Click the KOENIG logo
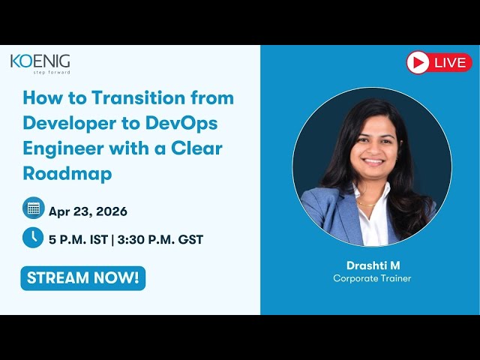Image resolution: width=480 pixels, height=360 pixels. click(40, 61)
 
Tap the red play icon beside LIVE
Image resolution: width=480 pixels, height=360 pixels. click(418, 62)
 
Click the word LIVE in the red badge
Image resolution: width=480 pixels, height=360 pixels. click(449, 63)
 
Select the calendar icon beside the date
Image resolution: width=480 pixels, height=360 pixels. click(33, 208)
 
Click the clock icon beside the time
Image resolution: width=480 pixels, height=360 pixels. click(33, 237)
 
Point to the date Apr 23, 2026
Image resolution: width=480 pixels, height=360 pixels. click(88, 211)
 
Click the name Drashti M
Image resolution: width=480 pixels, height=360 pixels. click(372, 265)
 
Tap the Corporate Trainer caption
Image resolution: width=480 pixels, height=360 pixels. click(372, 279)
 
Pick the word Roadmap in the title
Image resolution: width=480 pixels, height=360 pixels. click(67, 173)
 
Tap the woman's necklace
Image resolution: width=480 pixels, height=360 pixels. click(367, 202)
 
